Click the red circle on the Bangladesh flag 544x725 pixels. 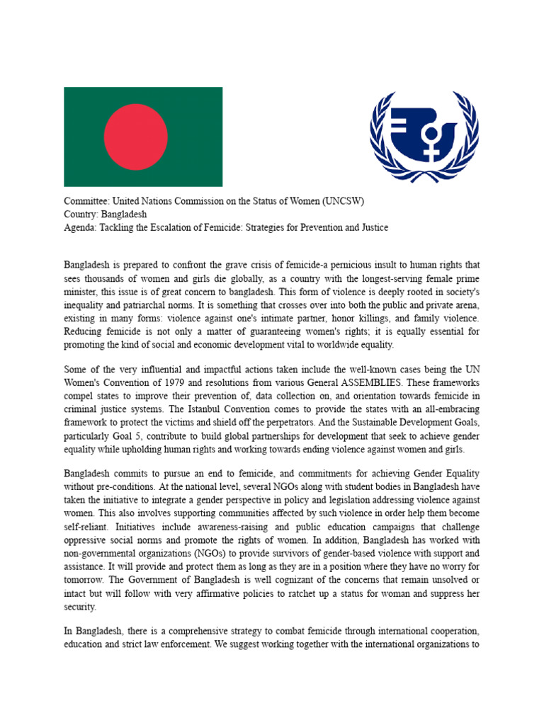pyautogui.click(x=136, y=137)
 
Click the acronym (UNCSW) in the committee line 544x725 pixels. pyautogui.click(x=343, y=200)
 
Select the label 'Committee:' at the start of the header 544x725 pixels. pyautogui.click(x=86, y=200)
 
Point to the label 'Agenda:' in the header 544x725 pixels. pyautogui.click(x=80, y=227)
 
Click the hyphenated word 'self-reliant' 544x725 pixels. pyautogui.click(x=87, y=526)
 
